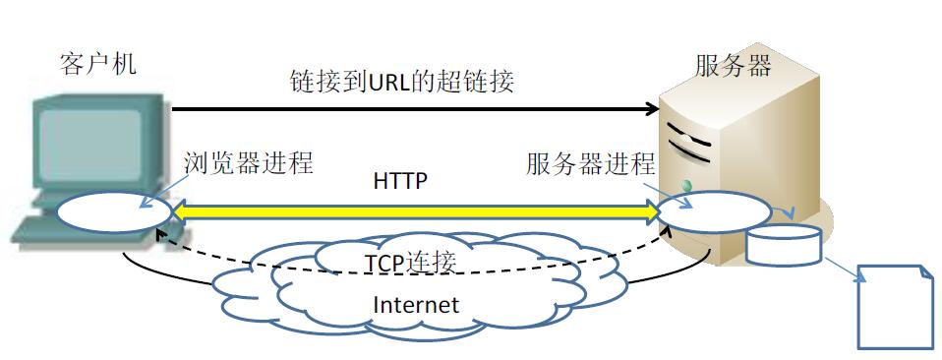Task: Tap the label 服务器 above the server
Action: tap(733, 66)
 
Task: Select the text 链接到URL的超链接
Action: tap(401, 81)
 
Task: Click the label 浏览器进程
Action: tap(248, 163)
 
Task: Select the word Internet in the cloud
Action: tap(415, 304)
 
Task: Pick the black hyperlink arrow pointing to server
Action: tap(413, 108)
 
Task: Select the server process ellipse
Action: tap(715, 212)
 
